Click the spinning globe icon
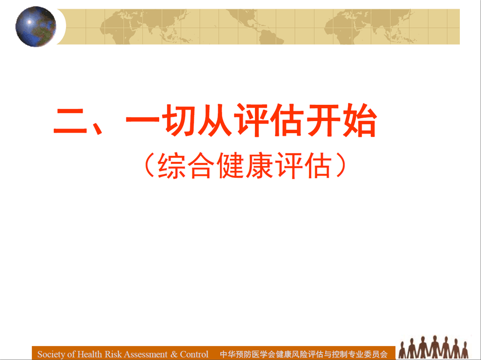point(36,27)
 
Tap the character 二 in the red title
point(71,121)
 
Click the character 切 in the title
point(178,120)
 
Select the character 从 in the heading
point(215,120)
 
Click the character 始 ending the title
point(359,120)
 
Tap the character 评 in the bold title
point(251,120)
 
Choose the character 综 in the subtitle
point(172,166)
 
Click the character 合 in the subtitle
point(201,166)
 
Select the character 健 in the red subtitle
point(230,166)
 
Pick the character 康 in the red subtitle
point(259,166)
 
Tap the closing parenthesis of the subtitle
point(341,166)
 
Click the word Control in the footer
point(194,354)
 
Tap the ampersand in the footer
point(174,354)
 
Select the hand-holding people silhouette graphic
point(434,347)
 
